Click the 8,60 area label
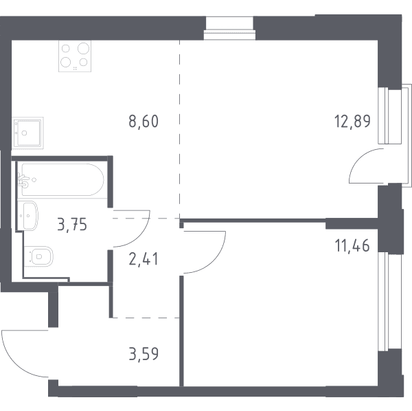[x=144, y=122]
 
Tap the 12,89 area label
[x=352, y=121]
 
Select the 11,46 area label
[x=352, y=245]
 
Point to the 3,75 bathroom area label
[x=72, y=225]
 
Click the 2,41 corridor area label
[x=144, y=258]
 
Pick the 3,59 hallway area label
[x=144, y=354]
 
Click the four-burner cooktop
[x=75, y=56]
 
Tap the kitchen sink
[x=27, y=133]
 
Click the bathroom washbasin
[x=29, y=216]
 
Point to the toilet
[x=38, y=256]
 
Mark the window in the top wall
[x=229, y=28]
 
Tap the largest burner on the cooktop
[x=84, y=49]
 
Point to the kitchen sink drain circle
[x=25, y=133]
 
